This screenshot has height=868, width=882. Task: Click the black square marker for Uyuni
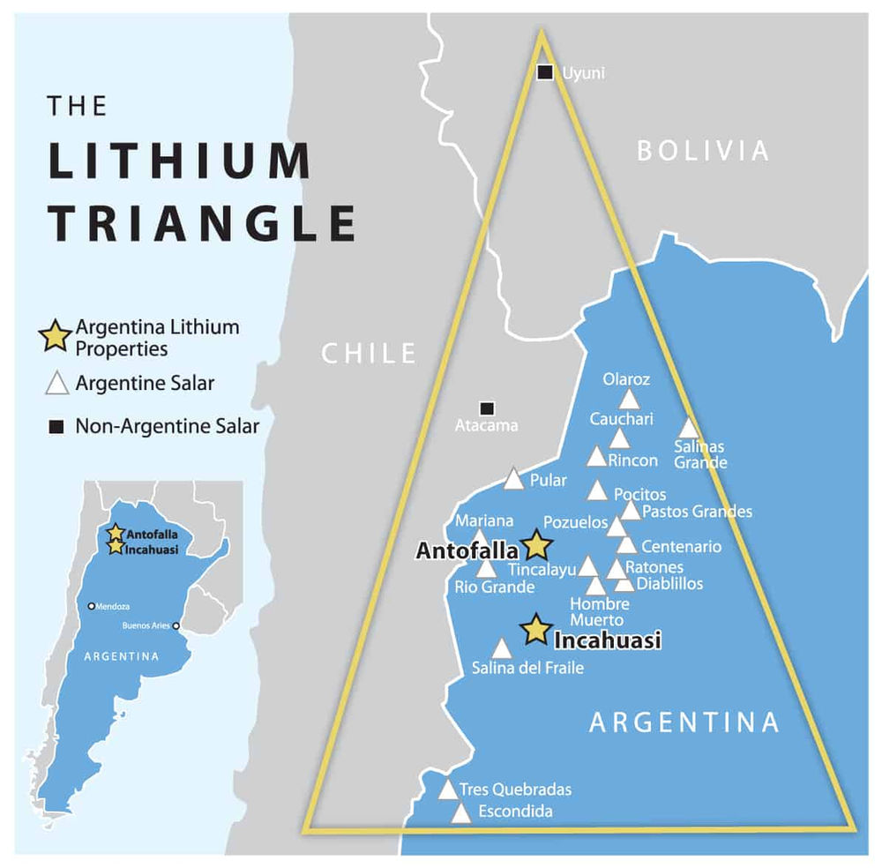point(546,72)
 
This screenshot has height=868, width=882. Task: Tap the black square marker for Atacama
point(486,408)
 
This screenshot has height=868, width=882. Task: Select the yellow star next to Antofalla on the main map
point(536,546)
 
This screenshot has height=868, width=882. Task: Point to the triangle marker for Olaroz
point(628,399)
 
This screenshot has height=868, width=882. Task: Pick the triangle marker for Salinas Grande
point(689,428)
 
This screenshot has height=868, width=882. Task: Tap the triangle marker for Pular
point(514,479)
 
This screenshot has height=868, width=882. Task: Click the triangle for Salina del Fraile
point(501,649)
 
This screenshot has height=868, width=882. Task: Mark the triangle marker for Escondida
point(461,813)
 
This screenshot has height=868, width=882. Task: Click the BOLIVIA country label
point(703,151)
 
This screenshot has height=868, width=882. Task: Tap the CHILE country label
point(368,354)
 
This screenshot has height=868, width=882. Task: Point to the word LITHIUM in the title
point(179,162)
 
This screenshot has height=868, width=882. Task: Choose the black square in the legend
point(56,428)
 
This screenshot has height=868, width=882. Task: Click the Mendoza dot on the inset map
point(92,606)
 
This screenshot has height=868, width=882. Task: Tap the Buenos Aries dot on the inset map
point(177,626)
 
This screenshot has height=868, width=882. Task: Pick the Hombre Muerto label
point(600,612)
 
